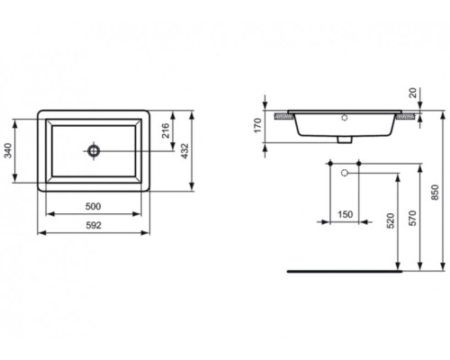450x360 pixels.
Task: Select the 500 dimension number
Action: (94, 206)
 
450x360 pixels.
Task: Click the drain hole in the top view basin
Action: (94, 150)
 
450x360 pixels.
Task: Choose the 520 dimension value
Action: (389, 220)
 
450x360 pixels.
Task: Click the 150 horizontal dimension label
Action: (344, 214)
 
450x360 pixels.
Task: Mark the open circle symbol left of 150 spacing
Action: (331, 171)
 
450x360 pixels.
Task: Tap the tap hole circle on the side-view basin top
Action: (345, 117)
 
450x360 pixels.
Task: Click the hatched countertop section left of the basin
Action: (285, 115)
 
